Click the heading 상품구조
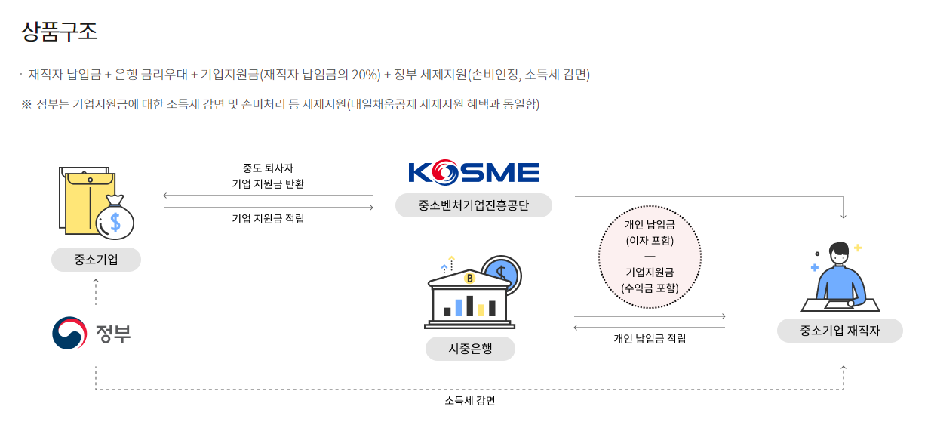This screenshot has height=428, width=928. (60, 32)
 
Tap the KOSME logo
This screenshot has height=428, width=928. (474, 173)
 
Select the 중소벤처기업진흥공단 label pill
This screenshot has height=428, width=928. (474, 205)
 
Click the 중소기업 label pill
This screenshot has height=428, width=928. (96, 260)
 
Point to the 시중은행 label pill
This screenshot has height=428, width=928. (470, 349)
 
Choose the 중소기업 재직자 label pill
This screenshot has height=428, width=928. (840, 331)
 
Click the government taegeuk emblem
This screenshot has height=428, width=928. (69, 333)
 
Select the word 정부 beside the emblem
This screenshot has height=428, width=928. (113, 333)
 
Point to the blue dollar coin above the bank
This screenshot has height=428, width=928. (501, 272)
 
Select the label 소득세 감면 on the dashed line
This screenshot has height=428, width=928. (469, 401)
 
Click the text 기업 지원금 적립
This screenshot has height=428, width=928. (268, 219)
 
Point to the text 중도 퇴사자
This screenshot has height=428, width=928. (268, 168)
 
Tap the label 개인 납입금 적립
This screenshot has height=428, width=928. (650, 339)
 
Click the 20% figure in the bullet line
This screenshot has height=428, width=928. (365, 75)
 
